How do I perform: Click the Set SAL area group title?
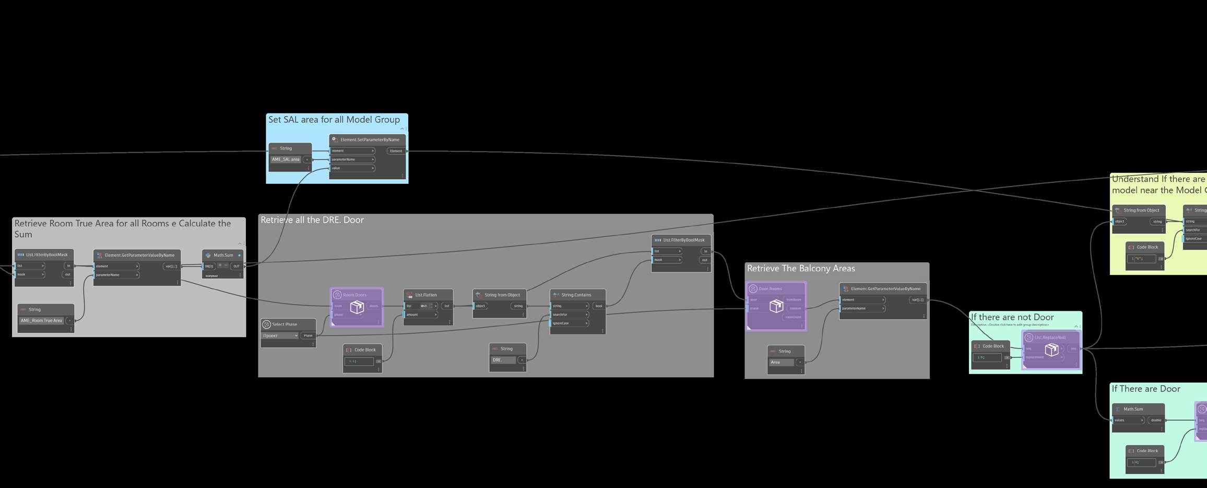click(334, 120)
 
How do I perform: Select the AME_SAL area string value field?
click(286, 159)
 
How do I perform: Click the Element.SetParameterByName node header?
click(369, 140)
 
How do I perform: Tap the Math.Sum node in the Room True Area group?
click(223, 255)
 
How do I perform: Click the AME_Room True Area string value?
click(41, 321)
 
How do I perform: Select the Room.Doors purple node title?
click(354, 295)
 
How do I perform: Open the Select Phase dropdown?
click(281, 335)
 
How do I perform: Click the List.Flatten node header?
click(425, 295)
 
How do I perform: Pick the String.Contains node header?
click(576, 295)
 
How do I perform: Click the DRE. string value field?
click(503, 360)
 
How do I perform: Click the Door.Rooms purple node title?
click(770, 289)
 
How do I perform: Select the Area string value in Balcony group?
click(780, 362)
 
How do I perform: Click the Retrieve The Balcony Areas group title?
click(801, 269)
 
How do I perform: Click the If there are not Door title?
click(1012, 317)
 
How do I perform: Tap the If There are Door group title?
click(1145, 389)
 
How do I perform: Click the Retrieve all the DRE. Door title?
click(312, 220)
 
